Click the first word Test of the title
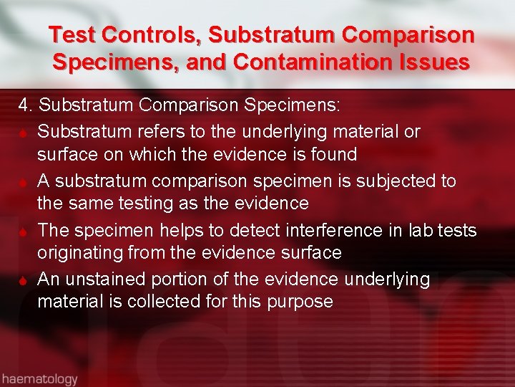pyautogui.click(x=72, y=34)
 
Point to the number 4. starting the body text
pyautogui.click(x=26, y=106)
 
